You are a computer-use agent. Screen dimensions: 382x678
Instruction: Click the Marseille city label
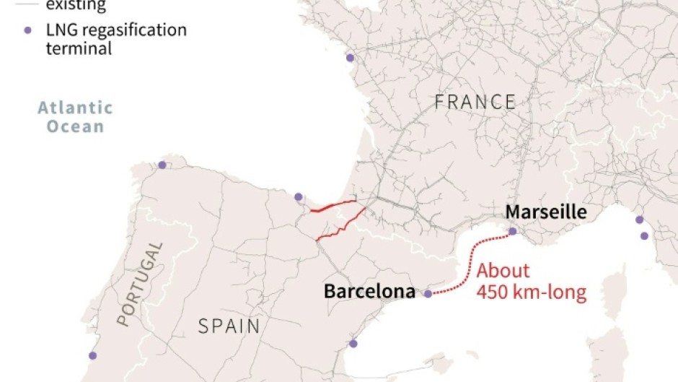[x=545, y=212]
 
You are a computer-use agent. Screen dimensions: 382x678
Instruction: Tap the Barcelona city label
[x=369, y=292]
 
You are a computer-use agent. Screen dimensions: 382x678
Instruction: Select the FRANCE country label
[x=475, y=103]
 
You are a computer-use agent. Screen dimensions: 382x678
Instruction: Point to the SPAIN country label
[x=229, y=326]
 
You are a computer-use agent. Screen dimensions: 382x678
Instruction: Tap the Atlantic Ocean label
[x=76, y=117]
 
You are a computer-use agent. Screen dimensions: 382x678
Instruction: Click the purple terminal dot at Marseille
[x=513, y=232]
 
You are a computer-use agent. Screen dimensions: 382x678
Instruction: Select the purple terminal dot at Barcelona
[x=428, y=294]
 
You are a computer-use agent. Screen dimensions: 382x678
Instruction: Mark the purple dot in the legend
[x=28, y=30]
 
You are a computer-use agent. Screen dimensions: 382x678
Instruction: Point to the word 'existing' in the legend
[x=76, y=6]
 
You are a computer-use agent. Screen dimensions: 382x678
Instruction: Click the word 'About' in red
[x=503, y=272]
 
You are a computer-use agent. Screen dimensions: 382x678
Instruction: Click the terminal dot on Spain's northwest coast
[x=162, y=165]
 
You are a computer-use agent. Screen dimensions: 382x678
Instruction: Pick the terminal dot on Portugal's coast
[x=92, y=355]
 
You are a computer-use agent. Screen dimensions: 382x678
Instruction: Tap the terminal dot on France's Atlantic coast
[x=350, y=58]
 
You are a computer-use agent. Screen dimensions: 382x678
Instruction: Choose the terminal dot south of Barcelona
[x=353, y=344]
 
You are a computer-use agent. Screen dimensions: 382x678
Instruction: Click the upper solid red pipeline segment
[x=333, y=207]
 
